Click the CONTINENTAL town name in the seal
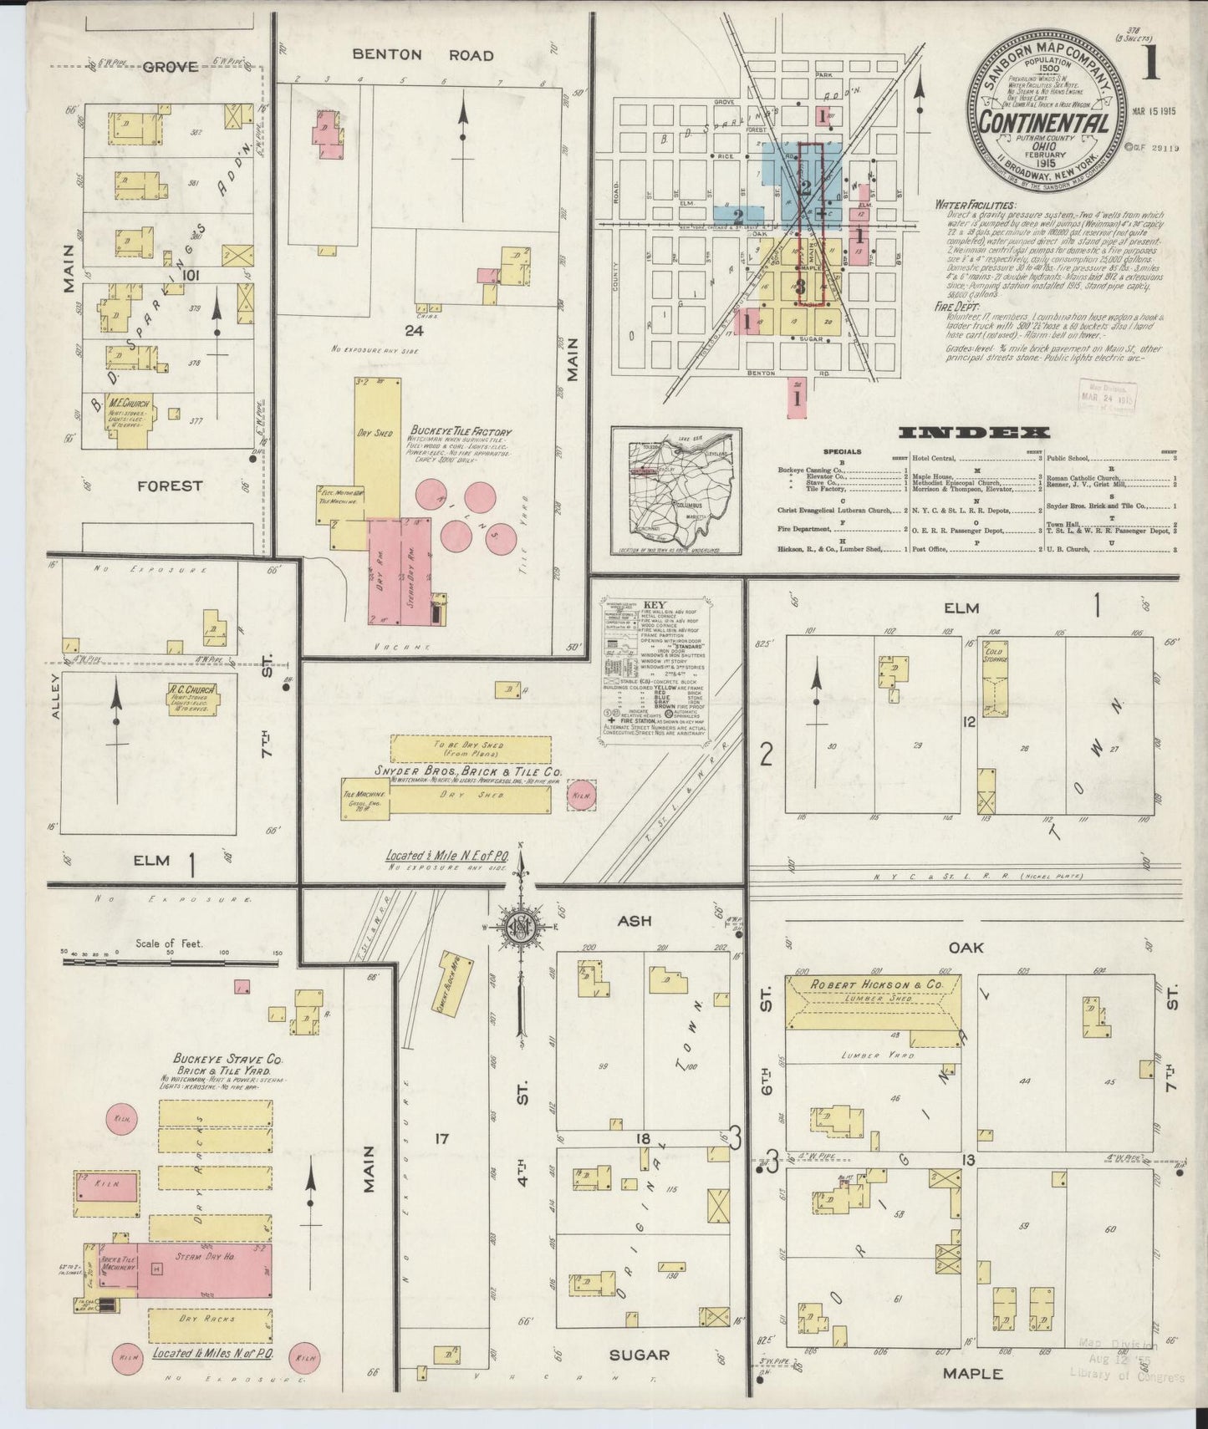coord(1044,123)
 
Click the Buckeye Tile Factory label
coord(460,433)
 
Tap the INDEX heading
coord(973,433)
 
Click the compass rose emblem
coord(520,927)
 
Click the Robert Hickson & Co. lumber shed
coord(872,1001)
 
